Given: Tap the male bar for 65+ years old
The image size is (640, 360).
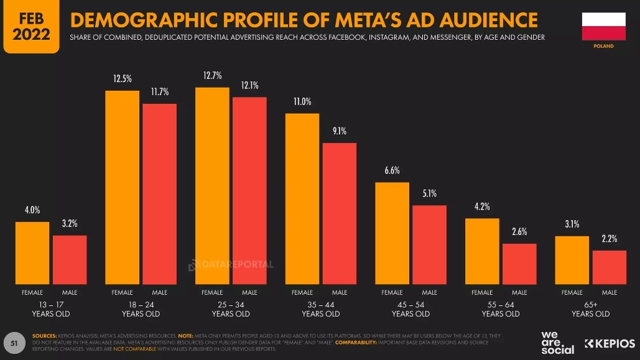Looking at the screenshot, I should coord(609,267).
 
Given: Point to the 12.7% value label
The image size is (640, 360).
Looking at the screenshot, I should coord(212,76).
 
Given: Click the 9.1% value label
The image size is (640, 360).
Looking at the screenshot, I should coord(339,131).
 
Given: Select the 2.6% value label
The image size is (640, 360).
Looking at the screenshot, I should coord(519,231).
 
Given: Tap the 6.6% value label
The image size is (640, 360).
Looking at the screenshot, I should coord(392,170).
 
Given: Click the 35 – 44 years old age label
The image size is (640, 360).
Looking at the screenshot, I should coord(321,309).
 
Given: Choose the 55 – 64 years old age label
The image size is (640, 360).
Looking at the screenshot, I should coord(501,309).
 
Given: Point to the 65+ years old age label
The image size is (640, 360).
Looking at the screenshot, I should coord(591,309).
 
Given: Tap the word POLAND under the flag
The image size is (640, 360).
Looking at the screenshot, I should coord(603,46).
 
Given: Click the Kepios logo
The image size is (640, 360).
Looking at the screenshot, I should coord(610,343).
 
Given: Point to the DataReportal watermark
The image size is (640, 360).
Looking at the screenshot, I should coord(231,265).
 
